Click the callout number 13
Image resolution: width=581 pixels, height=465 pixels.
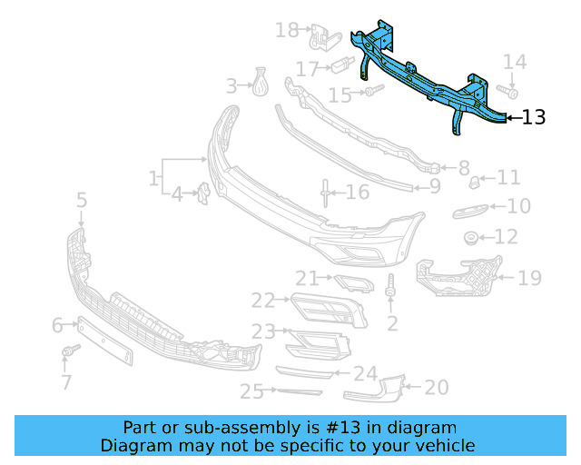(x=535, y=117)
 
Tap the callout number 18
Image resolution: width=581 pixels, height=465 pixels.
(x=287, y=31)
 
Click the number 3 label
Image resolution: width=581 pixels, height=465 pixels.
(x=231, y=86)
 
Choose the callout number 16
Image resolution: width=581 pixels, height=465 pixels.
(x=357, y=192)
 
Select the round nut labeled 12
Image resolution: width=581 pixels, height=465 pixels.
(x=472, y=238)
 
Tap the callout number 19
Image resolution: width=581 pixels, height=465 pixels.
(x=529, y=278)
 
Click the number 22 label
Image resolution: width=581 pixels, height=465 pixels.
(x=263, y=300)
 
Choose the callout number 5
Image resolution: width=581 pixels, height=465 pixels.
(x=82, y=200)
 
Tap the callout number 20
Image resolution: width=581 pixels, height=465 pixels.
(x=437, y=388)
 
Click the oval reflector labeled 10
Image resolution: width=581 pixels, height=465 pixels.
(x=469, y=212)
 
